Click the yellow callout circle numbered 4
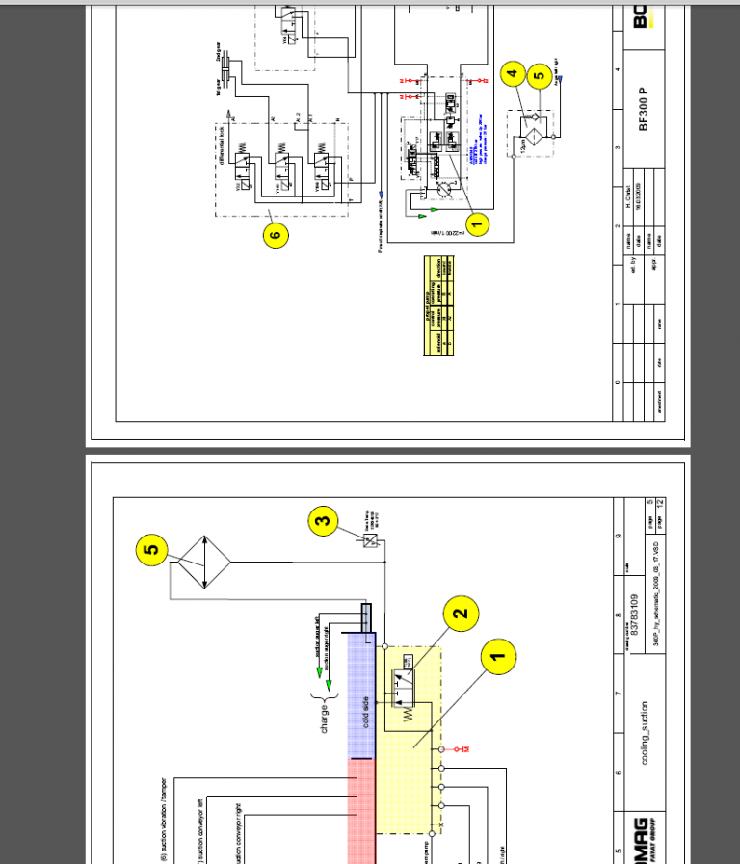point(513,73)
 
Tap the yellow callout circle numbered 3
point(324,523)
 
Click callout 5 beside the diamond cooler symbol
point(151,550)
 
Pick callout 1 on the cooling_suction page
point(498,659)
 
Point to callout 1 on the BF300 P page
point(475,223)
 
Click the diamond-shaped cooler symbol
point(202,563)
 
